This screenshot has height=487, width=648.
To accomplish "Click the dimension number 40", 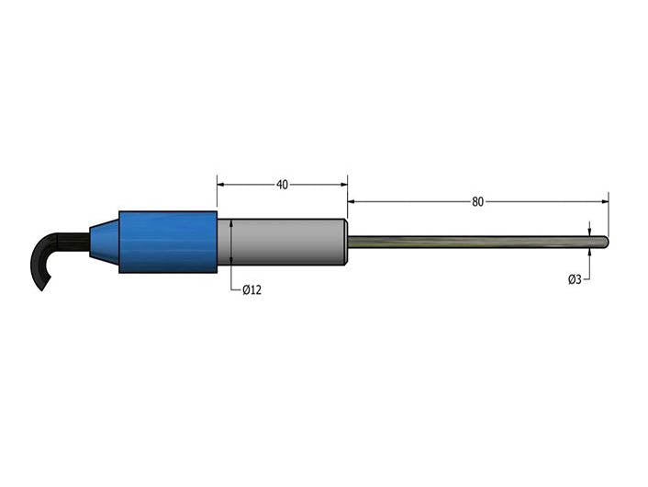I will point(282,185).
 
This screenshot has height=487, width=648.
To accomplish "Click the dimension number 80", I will point(477,202).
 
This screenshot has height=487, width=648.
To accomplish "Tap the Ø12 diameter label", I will point(252,290).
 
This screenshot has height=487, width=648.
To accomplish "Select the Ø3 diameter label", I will point(575,278).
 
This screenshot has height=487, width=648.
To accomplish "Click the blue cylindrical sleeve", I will point(168,243).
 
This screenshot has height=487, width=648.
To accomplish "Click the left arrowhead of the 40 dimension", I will point(221,185).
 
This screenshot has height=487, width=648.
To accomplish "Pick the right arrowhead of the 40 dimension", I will point(343,185).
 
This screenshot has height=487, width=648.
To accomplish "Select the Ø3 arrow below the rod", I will point(589,253).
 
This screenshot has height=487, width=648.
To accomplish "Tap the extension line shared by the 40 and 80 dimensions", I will point(347,198).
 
